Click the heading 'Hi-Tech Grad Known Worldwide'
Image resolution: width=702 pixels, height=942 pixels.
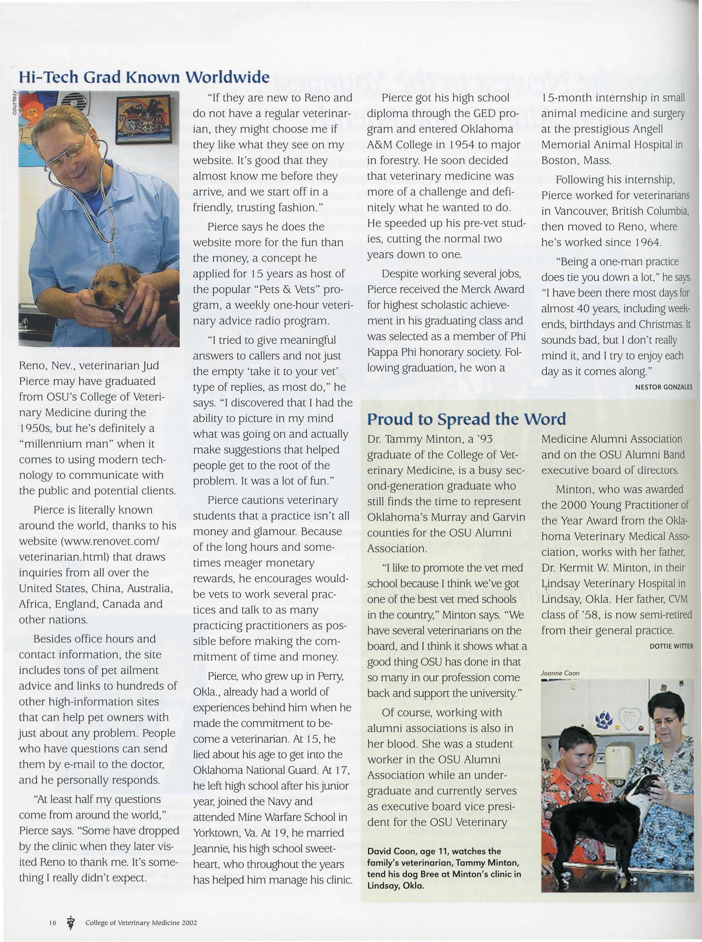144,77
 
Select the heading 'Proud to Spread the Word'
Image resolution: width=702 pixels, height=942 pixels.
466,419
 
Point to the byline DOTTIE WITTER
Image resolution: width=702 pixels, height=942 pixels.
671,646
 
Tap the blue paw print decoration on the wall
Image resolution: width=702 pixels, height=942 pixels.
604,719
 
